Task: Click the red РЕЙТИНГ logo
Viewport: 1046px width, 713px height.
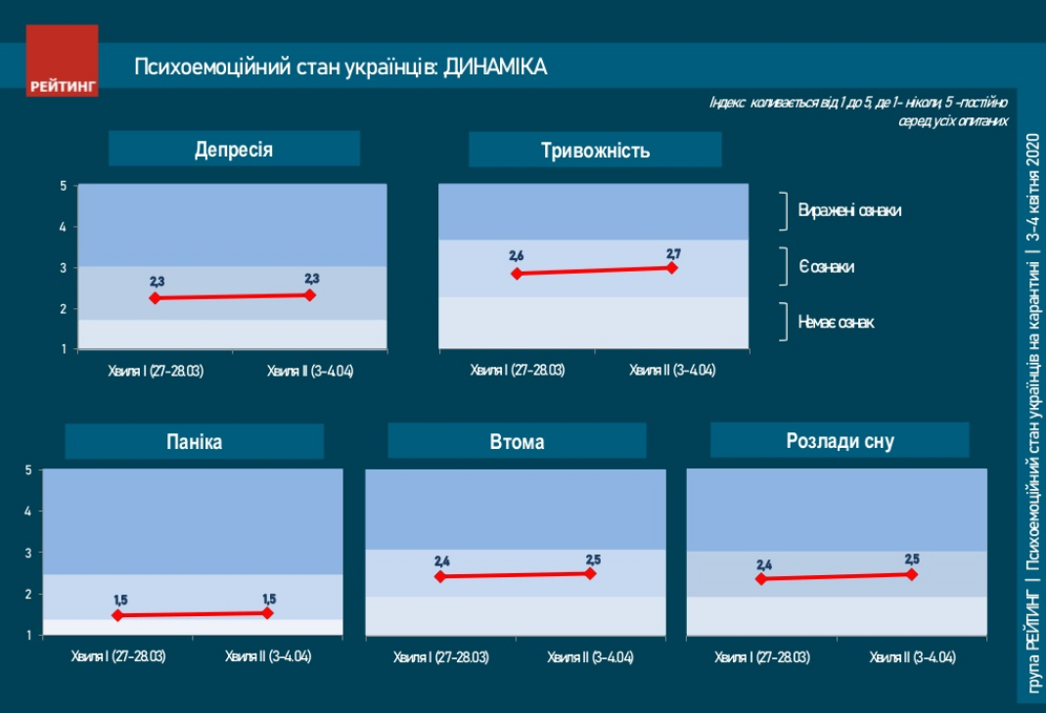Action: (x=63, y=61)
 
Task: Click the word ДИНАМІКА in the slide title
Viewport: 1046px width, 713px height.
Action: (x=495, y=67)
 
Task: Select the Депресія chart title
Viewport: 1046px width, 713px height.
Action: (x=234, y=150)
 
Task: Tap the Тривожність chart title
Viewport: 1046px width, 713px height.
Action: (x=595, y=151)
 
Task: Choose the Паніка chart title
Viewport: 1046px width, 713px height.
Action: (x=194, y=441)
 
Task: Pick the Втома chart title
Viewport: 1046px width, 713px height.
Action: (x=517, y=442)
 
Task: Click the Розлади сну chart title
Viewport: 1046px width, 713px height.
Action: (x=840, y=441)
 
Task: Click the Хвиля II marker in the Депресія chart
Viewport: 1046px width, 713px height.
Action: (x=310, y=294)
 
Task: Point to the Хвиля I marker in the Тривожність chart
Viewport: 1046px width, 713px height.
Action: (x=517, y=274)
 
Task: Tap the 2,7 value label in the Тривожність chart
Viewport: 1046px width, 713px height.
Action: (x=672, y=252)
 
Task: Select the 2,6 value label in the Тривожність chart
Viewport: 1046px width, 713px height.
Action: (x=517, y=256)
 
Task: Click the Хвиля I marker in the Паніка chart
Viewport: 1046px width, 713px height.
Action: (x=117, y=615)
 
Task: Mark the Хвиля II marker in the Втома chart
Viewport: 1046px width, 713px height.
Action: (x=590, y=574)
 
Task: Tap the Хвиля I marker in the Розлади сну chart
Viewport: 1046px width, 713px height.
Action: (x=760, y=579)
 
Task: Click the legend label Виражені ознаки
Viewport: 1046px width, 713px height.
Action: (x=849, y=210)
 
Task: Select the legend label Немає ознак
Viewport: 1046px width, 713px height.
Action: (x=836, y=322)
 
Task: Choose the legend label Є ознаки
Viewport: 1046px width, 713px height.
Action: (x=826, y=266)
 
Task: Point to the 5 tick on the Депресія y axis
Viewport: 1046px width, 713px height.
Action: (x=63, y=185)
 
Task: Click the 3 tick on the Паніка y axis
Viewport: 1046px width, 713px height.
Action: (x=29, y=553)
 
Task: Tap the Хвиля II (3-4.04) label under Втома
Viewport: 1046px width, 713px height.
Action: (x=590, y=656)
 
